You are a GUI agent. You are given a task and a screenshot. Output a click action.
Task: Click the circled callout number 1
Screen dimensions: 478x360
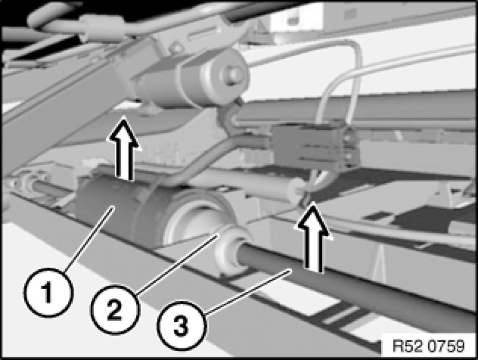point(48,293)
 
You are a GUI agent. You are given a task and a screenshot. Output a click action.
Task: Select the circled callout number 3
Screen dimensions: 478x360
point(181,326)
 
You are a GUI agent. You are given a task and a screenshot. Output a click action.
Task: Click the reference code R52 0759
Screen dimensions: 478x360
point(429,346)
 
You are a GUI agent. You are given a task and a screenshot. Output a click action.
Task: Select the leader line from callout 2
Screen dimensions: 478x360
point(177,264)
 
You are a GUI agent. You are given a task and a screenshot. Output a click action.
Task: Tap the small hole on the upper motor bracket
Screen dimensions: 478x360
point(176,48)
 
